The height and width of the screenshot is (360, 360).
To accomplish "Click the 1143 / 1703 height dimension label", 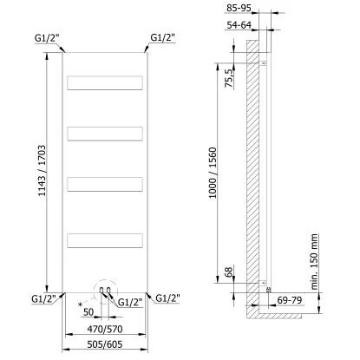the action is click(42, 171).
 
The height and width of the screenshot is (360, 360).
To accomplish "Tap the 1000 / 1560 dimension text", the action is click(213, 173).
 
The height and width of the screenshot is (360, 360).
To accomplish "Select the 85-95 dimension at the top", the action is click(239, 8).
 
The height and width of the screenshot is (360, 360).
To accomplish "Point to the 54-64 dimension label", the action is click(239, 25).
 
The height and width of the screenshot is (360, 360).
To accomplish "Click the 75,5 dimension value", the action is click(229, 78).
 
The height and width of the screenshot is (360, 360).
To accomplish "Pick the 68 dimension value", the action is click(229, 272).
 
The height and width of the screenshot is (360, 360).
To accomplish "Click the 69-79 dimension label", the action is click(290, 300).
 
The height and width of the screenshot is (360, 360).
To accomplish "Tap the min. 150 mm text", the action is click(314, 262).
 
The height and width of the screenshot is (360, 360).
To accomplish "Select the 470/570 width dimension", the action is click(105, 329).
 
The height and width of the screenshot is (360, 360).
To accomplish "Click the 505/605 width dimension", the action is click(105, 344).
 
